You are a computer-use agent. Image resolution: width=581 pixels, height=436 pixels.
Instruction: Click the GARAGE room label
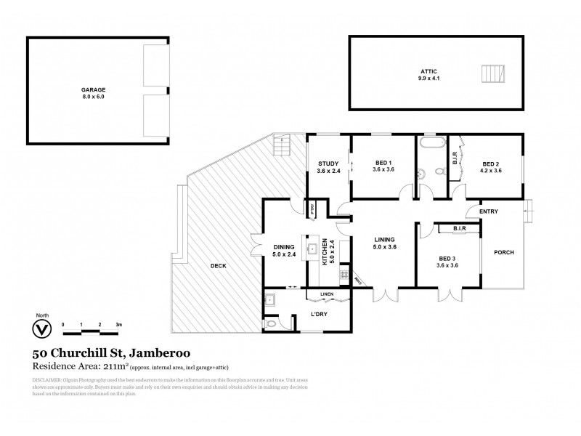pyautogui.click(x=93, y=91)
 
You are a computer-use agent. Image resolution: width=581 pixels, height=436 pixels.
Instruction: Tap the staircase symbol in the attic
pyautogui.click(x=492, y=74)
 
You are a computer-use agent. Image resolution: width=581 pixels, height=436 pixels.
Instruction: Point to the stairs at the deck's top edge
pyautogui.click(x=281, y=147)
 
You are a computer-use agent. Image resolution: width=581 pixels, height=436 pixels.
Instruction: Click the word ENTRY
pyautogui.click(x=489, y=211)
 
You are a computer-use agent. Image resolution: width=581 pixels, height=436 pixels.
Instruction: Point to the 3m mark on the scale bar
pyautogui.click(x=118, y=324)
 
